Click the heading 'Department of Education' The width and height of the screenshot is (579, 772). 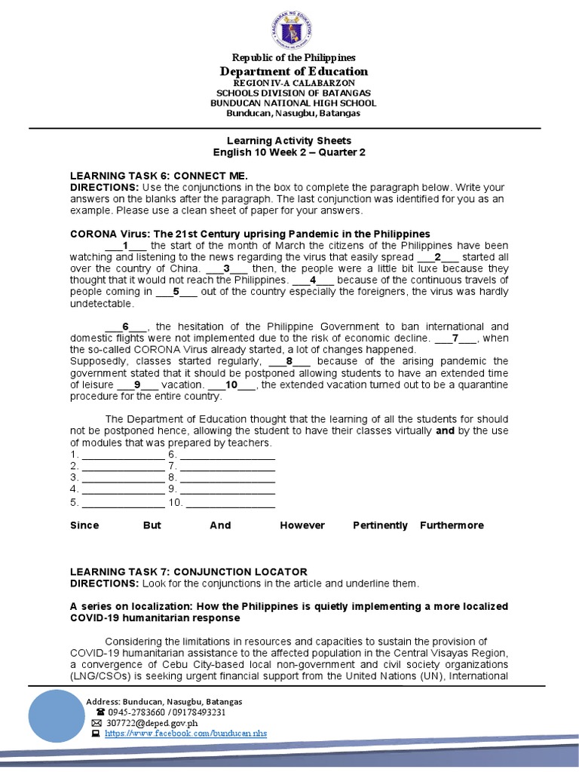pyautogui.click(x=293, y=71)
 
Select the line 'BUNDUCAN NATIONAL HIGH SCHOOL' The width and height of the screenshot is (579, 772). pyautogui.click(x=293, y=103)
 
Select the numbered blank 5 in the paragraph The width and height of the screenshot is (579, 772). pyautogui.click(x=176, y=291)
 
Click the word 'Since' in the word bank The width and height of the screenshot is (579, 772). pyautogui.click(x=84, y=525)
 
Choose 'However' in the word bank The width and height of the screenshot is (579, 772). pyautogui.click(x=302, y=525)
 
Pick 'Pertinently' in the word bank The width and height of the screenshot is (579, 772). pyautogui.click(x=380, y=525)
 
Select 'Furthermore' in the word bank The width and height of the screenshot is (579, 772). pyautogui.click(x=452, y=525)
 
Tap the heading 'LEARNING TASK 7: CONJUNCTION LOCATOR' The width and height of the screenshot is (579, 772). pyautogui.click(x=188, y=571)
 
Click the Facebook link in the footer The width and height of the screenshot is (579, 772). pyautogui.click(x=185, y=733)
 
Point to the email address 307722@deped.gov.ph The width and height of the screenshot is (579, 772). pyautogui.click(x=145, y=722)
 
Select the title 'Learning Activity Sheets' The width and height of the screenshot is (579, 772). pyautogui.click(x=289, y=140)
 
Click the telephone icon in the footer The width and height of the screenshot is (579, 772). pyautogui.click(x=100, y=712)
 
